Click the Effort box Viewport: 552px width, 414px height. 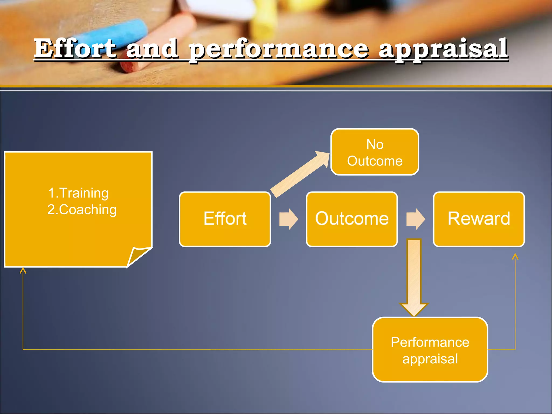225,219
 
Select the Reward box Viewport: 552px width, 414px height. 479,219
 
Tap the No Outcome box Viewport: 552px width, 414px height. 375,152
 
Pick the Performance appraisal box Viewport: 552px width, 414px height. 430,350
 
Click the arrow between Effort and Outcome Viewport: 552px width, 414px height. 288,219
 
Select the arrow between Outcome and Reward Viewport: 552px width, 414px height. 415,219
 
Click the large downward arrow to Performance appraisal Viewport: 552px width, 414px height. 414,278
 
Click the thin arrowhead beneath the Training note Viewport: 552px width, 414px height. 23,270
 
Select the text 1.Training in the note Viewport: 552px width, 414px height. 78,193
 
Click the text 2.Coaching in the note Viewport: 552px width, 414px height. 82,209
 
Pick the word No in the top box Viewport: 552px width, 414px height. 375,144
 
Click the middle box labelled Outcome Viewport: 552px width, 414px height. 352,219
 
